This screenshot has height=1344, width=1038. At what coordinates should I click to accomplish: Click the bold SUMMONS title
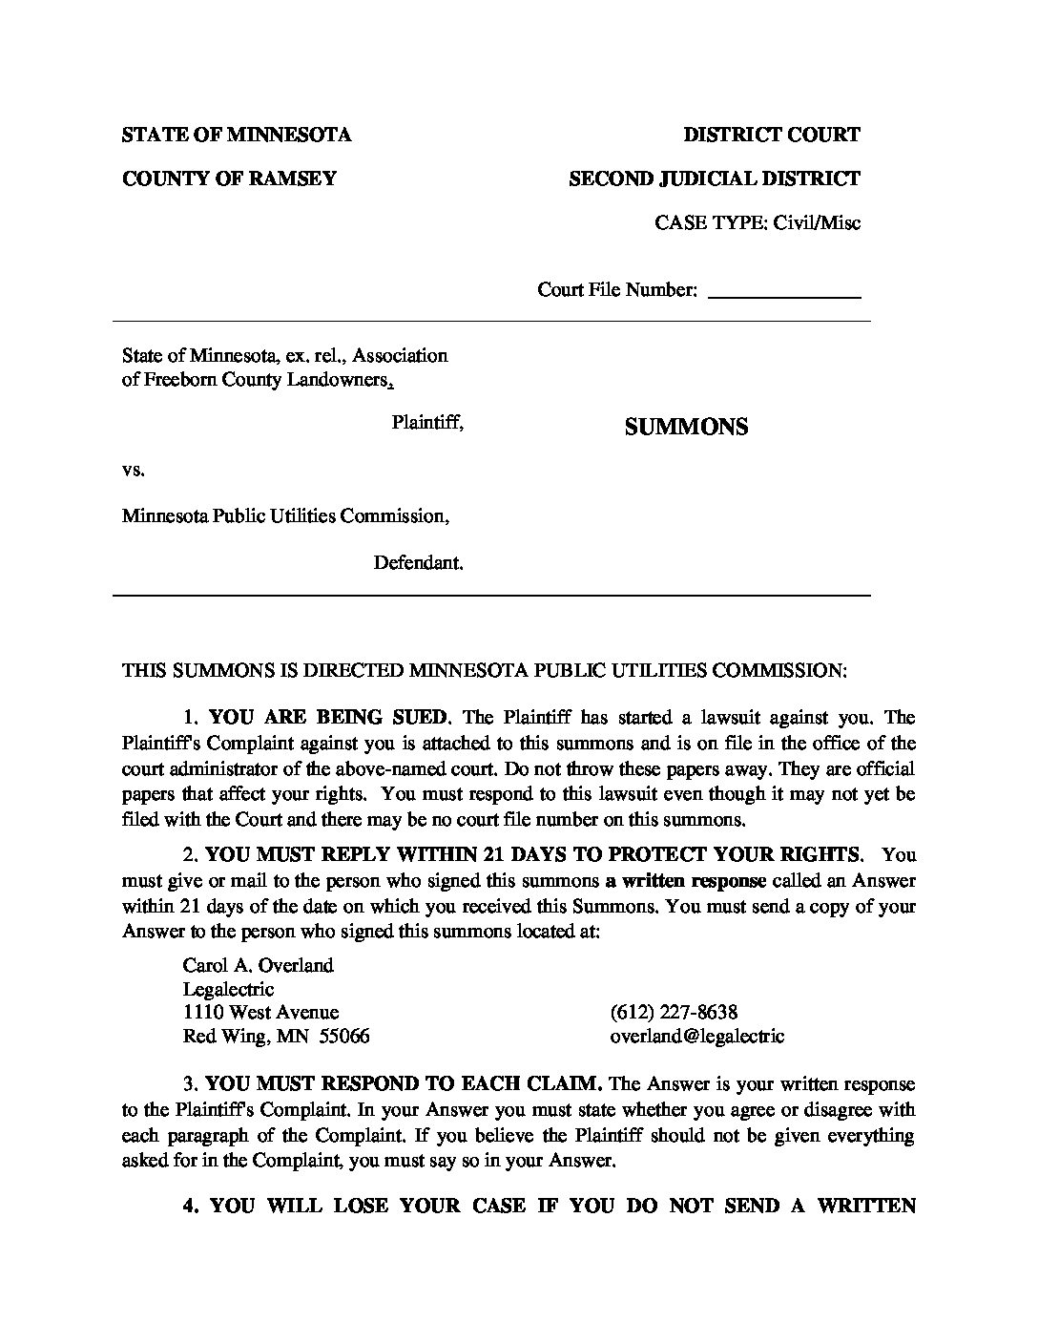(686, 427)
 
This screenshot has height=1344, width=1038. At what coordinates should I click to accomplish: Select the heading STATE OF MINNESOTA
(237, 135)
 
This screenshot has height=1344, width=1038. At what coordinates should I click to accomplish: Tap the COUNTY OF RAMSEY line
(229, 178)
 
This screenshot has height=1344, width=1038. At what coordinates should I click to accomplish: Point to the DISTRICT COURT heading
(772, 135)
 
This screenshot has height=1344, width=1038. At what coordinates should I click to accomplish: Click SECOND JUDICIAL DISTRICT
(715, 178)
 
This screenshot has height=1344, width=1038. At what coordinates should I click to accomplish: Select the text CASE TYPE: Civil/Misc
(758, 223)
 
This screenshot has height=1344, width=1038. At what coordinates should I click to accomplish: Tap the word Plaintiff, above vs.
(427, 422)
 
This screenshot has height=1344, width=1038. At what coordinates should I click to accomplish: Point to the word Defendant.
(418, 563)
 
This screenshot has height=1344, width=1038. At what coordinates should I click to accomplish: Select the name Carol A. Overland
(258, 965)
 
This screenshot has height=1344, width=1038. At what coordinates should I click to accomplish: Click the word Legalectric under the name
(228, 989)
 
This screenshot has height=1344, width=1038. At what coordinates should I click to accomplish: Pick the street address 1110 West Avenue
(260, 1012)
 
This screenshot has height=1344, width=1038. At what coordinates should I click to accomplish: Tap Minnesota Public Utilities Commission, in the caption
(285, 516)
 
